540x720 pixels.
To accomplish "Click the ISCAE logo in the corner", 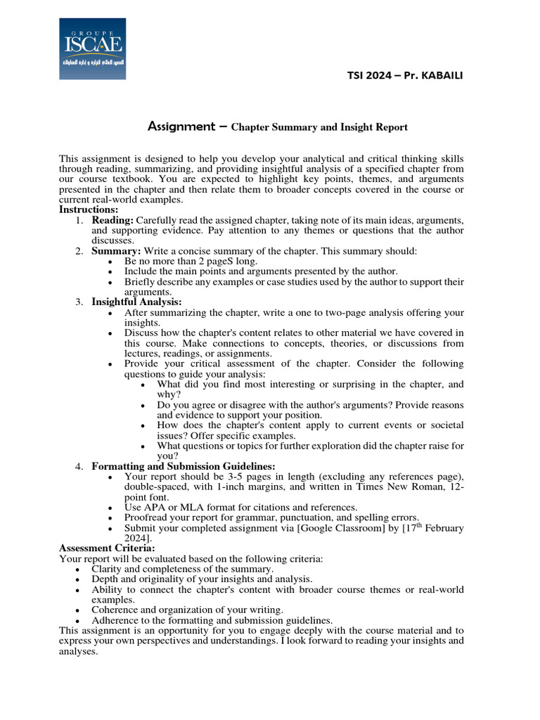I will coord(92,48).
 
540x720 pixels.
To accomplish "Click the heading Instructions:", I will coord(89,210).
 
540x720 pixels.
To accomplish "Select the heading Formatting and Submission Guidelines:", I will coord(183,466).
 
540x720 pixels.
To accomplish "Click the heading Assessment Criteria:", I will coord(107,548).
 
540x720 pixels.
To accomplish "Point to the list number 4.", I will coord(79,466).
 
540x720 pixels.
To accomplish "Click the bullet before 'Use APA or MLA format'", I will coord(112,507).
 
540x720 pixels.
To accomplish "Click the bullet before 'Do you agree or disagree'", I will coord(145,405).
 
